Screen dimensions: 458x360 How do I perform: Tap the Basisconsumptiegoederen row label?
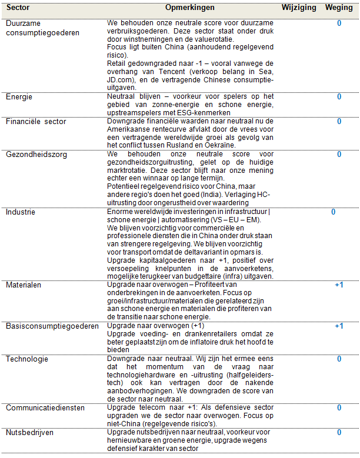tap(52, 326)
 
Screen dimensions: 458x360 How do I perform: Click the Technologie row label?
tap(27, 359)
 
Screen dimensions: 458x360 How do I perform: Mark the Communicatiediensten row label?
tap(45, 407)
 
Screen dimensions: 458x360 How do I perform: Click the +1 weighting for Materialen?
tap(339, 285)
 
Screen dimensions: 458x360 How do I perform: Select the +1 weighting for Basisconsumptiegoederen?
tap(339, 326)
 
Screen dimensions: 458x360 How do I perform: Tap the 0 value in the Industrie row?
tap(333, 212)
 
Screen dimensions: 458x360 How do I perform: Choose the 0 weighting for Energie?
tap(339, 96)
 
